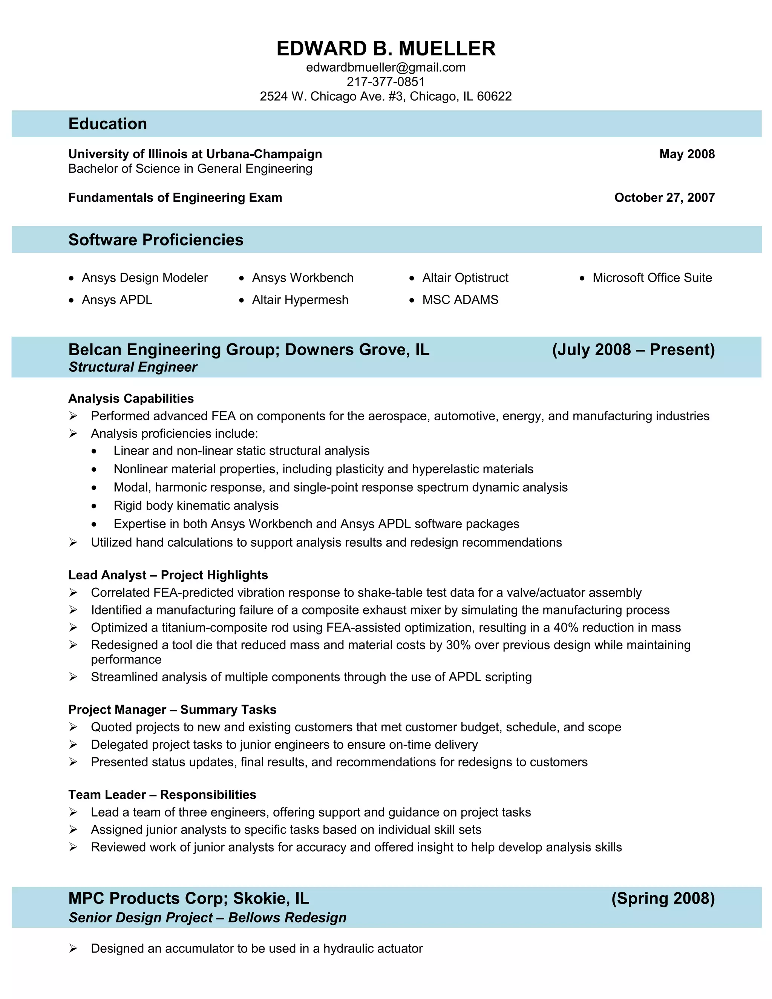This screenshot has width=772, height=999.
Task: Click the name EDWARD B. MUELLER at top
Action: [386, 49]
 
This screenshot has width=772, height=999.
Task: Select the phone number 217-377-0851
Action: [386, 82]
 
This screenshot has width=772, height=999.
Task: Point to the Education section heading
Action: [107, 124]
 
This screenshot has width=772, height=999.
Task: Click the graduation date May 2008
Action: [686, 154]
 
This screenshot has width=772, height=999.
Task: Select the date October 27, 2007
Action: [664, 198]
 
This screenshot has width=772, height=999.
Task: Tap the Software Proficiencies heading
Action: [156, 240]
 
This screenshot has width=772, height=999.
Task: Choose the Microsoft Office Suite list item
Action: [652, 278]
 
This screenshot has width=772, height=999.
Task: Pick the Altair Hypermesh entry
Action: [300, 300]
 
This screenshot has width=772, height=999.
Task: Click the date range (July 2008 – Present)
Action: [633, 349]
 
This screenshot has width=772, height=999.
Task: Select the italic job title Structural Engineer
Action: [133, 367]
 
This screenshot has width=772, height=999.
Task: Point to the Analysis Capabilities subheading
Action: [131, 398]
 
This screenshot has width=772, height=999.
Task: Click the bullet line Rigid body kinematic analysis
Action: [196, 506]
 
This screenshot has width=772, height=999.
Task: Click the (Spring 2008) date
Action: [663, 898]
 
